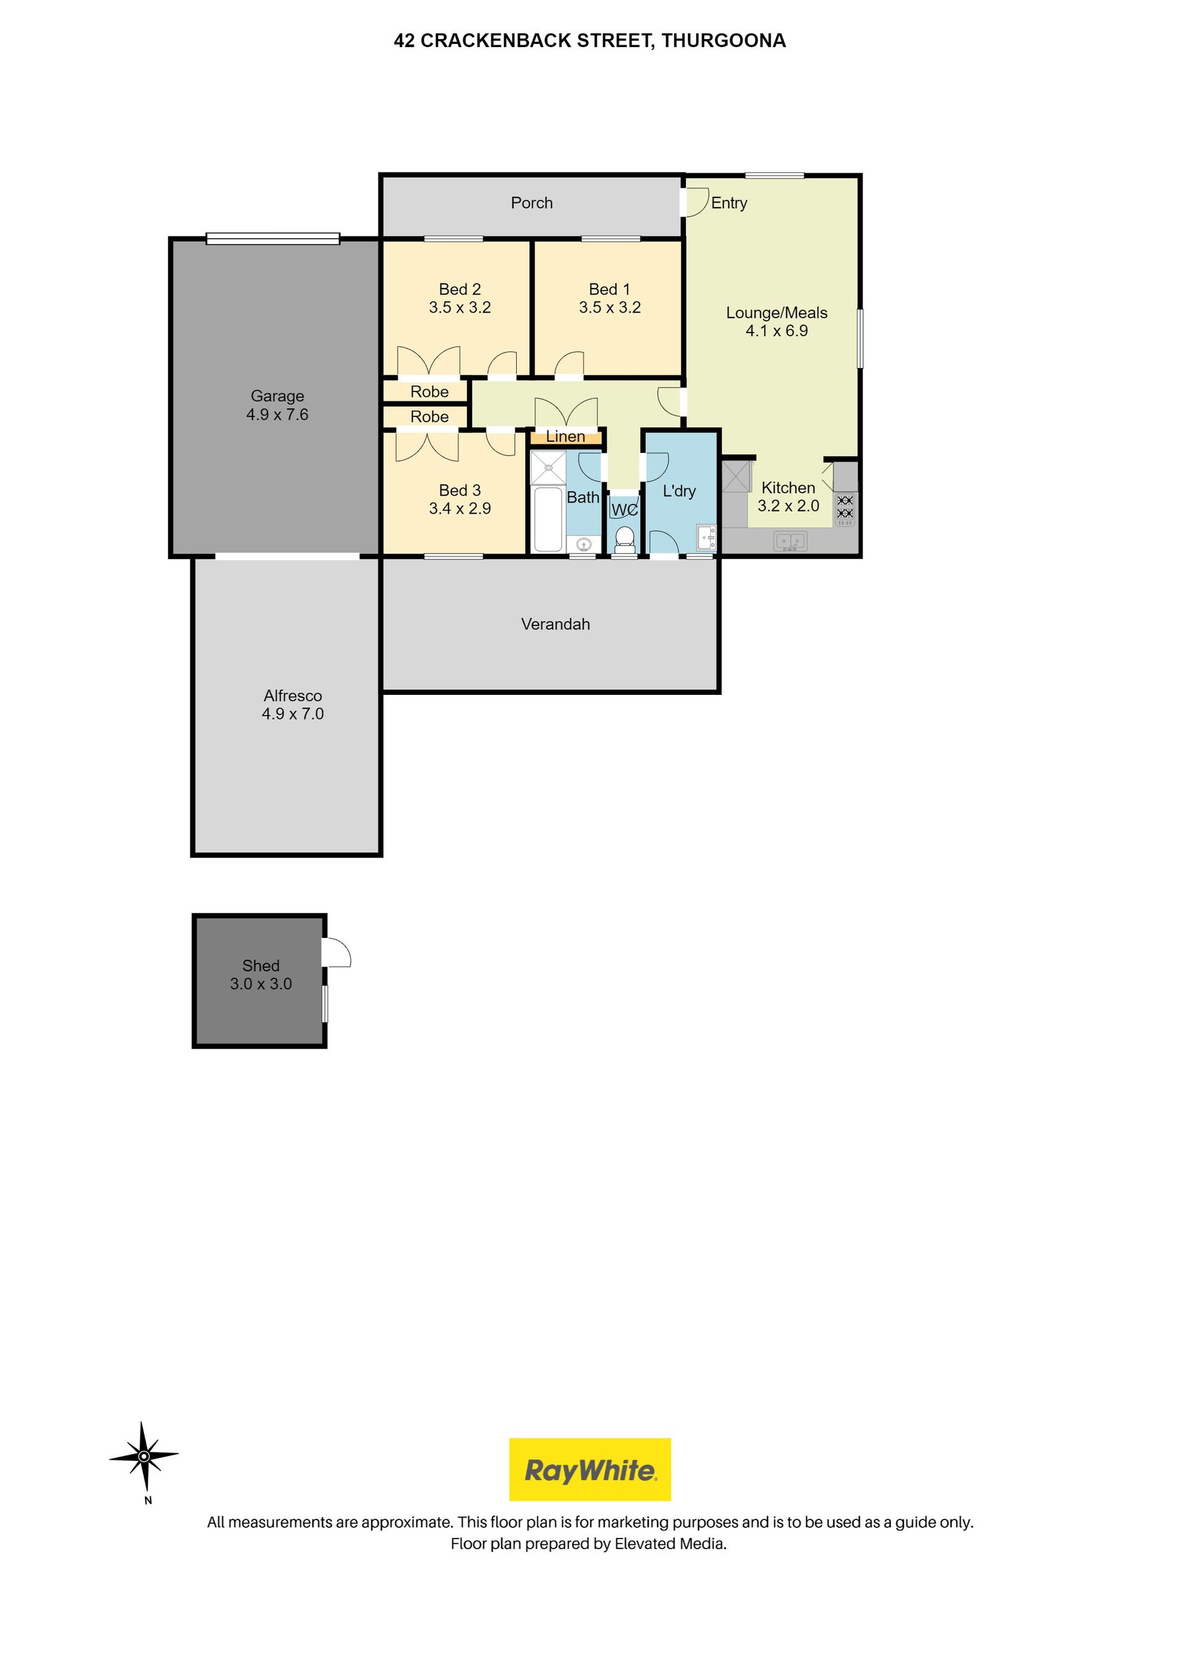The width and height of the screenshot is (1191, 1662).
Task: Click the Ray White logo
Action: coord(589,1469)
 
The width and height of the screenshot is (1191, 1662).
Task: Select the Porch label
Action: coord(532,203)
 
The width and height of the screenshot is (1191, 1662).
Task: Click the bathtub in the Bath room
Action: coord(548,518)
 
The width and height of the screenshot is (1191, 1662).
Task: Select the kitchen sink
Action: coord(790,542)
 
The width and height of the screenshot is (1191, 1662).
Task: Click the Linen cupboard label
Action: coord(565,437)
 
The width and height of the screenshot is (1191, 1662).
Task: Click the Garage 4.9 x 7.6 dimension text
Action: coord(277,415)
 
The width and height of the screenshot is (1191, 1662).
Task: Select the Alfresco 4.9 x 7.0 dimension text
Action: coord(292,714)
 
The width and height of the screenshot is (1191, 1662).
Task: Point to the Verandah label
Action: coord(556,624)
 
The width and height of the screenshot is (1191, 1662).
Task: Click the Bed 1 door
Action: coord(569,365)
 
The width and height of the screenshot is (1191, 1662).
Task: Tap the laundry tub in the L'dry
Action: coord(706,538)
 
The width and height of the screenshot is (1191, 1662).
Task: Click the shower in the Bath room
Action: coord(548,468)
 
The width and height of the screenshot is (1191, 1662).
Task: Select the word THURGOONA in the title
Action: coord(723,41)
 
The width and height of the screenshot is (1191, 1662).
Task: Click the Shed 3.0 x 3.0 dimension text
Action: coord(261,984)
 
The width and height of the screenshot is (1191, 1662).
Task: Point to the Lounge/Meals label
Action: coord(777,313)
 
